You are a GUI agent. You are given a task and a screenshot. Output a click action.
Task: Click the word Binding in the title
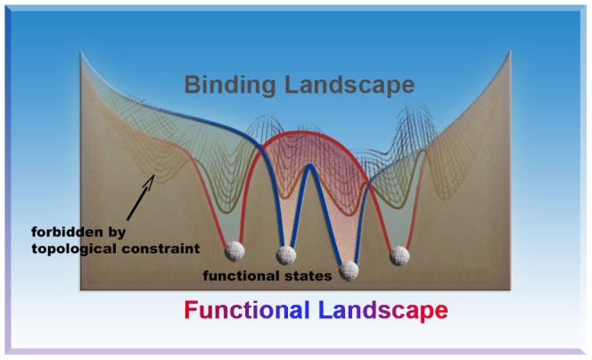[x=228, y=86]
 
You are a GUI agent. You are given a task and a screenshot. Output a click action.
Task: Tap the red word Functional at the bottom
[x=246, y=311]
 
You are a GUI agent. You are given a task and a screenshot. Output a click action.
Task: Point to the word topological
[x=63, y=247]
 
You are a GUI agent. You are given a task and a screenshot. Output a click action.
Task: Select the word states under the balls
[x=311, y=276]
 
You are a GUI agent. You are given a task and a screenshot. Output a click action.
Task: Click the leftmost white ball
[x=234, y=250]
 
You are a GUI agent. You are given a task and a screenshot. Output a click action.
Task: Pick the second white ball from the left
[x=286, y=255]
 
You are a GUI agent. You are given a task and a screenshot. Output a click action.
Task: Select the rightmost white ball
[x=400, y=255]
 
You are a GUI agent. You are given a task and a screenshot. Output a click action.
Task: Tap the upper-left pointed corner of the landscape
[x=82, y=52]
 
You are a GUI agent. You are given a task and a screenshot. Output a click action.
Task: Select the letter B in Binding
[x=192, y=86]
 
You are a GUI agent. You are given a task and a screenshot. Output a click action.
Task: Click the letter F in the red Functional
[x=191, y=311]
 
